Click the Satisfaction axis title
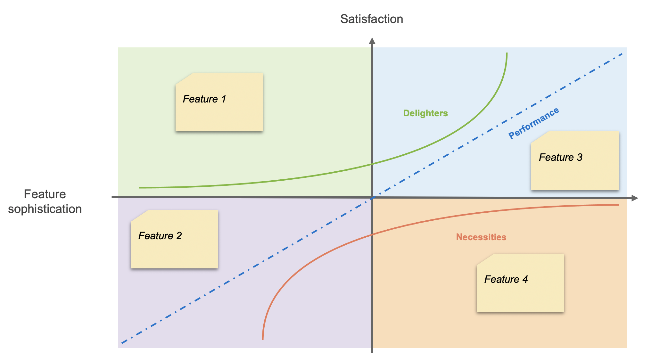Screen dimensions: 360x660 point(371,19)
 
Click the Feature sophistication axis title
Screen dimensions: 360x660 point(45,201)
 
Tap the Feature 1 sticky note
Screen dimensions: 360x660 point(219,102)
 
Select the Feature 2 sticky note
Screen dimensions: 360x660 point(174,239)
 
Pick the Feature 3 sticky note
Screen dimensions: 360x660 point(575,161)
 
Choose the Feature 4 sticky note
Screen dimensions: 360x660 point(520,283)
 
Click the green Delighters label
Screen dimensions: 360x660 point(425,113)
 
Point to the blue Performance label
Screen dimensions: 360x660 point(534,123)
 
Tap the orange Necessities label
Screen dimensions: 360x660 point(481,237)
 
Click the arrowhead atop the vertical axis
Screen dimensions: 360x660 point(372,41)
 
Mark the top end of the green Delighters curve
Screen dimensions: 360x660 point(507,53)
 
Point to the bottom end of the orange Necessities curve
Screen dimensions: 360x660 point(263,339)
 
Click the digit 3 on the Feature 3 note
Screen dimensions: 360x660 point(579,158)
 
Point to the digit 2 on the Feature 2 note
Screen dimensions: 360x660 point(179,236)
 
